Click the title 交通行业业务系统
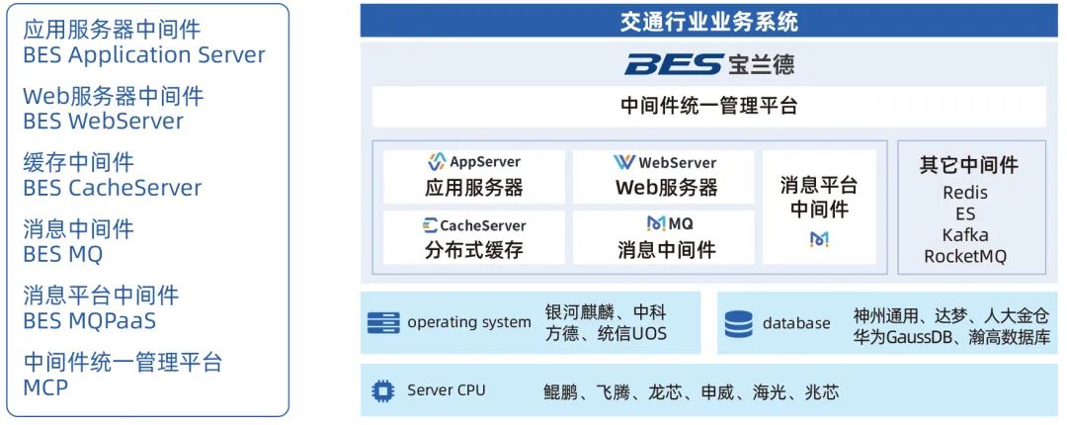click(708, 22)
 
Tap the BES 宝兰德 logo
click(708, 64)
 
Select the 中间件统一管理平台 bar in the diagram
click(708, 107)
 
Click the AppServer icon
click(437, 162)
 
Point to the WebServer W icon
click(624, 162)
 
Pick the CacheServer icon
click(430, 225)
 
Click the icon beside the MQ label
click(655, 223)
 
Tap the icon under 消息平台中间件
click(819, 239)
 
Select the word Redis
click(965, 193)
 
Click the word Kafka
click(965, 235)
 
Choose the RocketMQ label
click(965, 256)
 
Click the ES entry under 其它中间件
click(965, 213)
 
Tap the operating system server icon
click(383, 322)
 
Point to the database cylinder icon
click(738, 324)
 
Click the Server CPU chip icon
click(383, 390)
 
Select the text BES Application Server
click(144, 55)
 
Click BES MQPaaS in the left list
click(90, 321)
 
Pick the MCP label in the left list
click(45, 387)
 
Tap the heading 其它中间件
click(969, 165)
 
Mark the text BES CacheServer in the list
click(113, 188)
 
